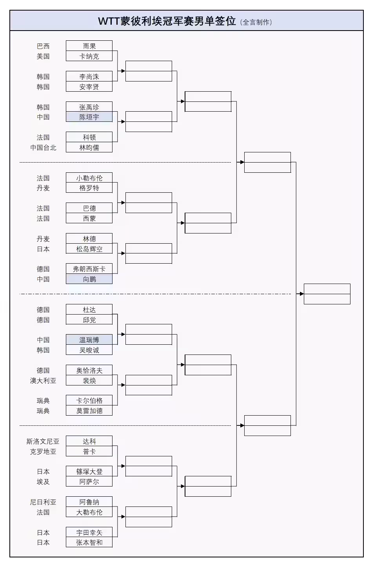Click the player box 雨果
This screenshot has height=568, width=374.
click(89, 46)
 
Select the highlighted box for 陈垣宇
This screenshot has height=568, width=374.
click(89, 117)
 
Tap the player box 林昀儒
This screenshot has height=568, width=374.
click(89, 147)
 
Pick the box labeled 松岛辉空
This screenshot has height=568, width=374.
click(89, 249)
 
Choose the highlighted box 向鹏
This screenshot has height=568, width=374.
click(89, 279)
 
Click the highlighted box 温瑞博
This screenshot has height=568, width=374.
click(89, 340)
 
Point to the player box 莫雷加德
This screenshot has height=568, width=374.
click(89, 411)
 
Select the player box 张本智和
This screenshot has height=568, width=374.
click(89, 542)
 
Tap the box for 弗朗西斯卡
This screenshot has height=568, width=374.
click(89, 269)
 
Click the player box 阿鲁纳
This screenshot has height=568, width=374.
click(89, 502)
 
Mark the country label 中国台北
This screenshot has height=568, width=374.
click(43, 147)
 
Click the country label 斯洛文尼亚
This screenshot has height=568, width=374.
click(43, 441)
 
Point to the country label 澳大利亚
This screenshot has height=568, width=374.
click(43, 380)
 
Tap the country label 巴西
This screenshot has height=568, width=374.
click(43, 46)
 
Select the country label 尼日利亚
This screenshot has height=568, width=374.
click(43, 502)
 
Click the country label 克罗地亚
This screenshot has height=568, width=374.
click(43, 451)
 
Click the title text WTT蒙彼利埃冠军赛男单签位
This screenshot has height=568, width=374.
click(167, 21)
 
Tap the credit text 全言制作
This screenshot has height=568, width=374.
click(256, 22)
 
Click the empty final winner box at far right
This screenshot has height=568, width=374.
click(327, 294)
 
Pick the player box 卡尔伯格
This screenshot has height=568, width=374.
click(89, 400)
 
